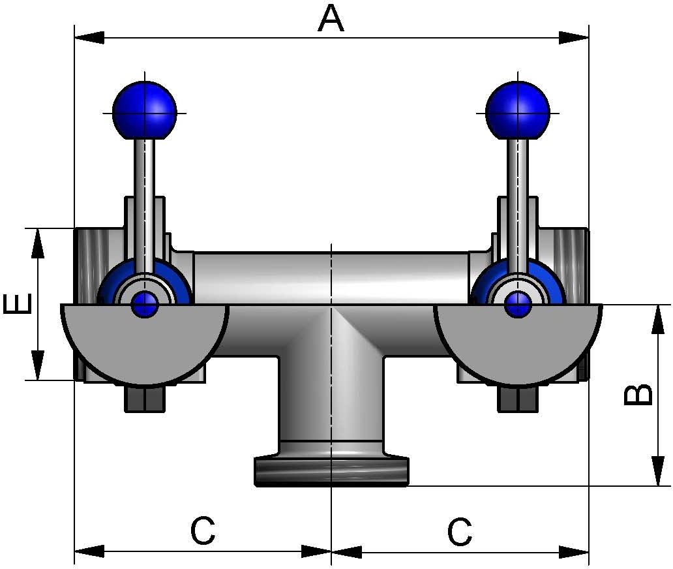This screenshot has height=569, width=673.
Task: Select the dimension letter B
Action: pyautogui.click(x=638, y=395)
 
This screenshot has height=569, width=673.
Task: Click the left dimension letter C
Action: pyautogui.click(x=203, y=532)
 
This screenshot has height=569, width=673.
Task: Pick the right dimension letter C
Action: pyautogui.click(x=460, y=532)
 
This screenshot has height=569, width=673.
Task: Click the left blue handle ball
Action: pyautogui.click(x=145, y=110)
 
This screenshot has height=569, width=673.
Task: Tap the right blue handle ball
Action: pyautogui.click(x=518, y=110)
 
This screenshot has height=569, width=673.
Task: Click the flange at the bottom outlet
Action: pyautogui.click(x=331, y=471)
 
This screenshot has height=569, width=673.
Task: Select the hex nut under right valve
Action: pyautogui.click(x=518, y=399)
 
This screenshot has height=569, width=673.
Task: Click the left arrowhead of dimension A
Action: pyautogui.click(x=89, y=37)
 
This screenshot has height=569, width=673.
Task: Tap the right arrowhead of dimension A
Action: pyautogui.click(x=575, y=37)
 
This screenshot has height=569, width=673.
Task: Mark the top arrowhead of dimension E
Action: pyautogui.click(x=38, y=243)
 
